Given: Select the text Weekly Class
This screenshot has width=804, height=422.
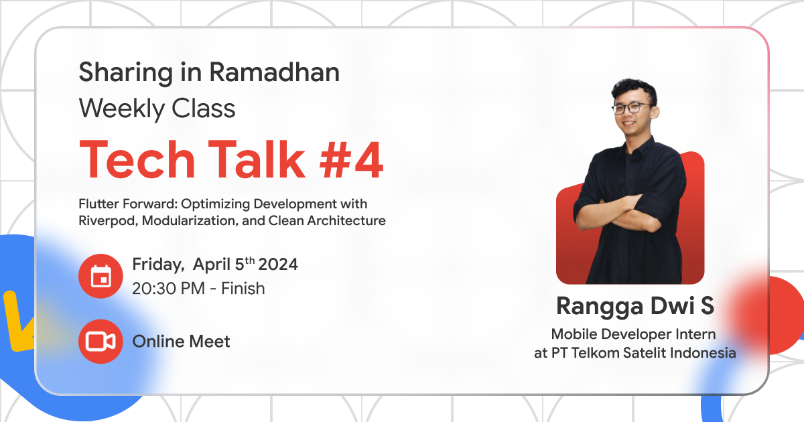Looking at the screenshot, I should tap(157, 108).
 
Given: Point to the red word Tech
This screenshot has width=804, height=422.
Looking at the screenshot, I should tap(135, 160).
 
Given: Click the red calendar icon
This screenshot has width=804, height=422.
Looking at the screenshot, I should tap(100, 276).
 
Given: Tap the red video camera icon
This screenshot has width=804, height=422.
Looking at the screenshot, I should tap(100, 342).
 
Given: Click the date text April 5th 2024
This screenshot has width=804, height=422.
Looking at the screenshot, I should tap(245, 265).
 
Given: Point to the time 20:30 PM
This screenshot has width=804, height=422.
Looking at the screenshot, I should tap(172, 289).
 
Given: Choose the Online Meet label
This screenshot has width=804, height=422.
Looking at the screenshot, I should tap(181, 342).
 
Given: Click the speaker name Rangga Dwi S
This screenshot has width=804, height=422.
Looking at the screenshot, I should tap(635, 307).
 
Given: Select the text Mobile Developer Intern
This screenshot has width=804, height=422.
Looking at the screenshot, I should tap(634, 334).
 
